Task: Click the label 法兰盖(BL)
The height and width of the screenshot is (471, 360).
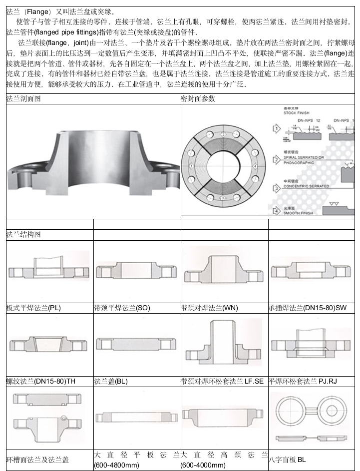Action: [x=111, y=382]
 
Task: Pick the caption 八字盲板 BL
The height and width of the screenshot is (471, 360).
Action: [x=287, y=459]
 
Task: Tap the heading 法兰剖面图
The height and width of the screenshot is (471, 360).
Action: [x=23, y=99]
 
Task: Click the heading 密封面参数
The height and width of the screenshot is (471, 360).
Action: [x=198, y=99]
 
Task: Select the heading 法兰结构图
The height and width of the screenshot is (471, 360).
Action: [x=23, y=234]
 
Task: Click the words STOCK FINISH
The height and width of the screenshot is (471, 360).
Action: [x=297, y=113]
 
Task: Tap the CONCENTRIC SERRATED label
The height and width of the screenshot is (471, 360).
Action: [x=306, y=186]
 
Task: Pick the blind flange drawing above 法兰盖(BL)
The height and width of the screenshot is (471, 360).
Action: [x=136, y=345]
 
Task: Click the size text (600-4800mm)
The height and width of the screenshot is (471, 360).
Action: [x=117, y=465]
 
